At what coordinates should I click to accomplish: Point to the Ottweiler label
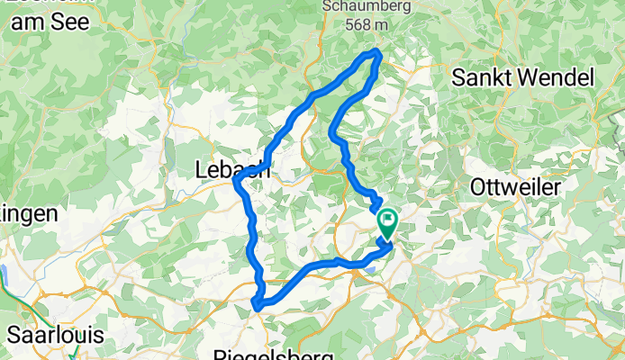[x=516, y=188]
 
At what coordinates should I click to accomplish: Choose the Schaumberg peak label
[x=355, y=7]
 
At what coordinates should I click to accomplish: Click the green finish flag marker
[x=387, y=222]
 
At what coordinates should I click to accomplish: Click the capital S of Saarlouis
[x=13, y=335]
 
